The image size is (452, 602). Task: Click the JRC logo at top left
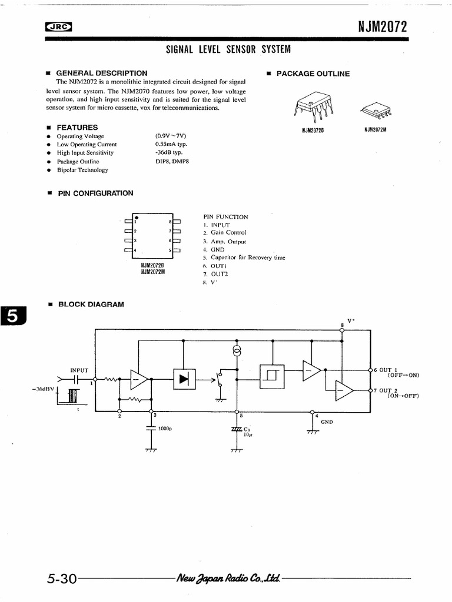(58, 26)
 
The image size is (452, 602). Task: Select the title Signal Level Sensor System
(228, 49)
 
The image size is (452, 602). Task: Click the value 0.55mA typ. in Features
(171, 144)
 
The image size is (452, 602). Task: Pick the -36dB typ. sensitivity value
(169, 152)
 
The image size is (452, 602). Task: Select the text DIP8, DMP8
(172, 161)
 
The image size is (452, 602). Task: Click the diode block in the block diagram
(184, 379)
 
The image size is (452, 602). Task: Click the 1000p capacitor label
(164, 429)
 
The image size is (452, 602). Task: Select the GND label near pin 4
(327, 422)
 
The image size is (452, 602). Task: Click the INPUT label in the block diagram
(79, 370)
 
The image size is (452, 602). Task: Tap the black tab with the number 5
(12, 317)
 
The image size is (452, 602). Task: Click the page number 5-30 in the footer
(62, 578)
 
